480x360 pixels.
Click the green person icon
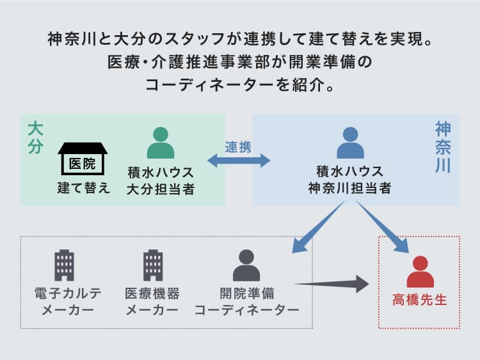pos(161,143)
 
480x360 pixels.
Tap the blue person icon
pos(350,143)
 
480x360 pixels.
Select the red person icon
pos(420,272)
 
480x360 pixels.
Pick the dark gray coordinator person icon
pos(246,265)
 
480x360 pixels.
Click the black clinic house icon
pos(83,159)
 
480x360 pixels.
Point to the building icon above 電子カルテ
pos(64,265)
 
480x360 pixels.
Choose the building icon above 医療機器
pos(153,265)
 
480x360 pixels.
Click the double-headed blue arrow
pos(239,160)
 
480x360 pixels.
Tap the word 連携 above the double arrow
pos(238,147)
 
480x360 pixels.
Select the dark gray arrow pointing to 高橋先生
pos(332,284)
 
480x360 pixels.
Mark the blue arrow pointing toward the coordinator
pos(318,226)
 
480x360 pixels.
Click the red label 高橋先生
pos(420,300)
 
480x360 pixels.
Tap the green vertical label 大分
pos(35,138)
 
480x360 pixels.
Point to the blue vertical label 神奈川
pos(443,147)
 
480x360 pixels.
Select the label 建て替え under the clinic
pos(83,187)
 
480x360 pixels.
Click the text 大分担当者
pos(161,189)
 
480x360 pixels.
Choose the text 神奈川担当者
pos(350,188)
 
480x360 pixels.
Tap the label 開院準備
pos(247,293)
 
